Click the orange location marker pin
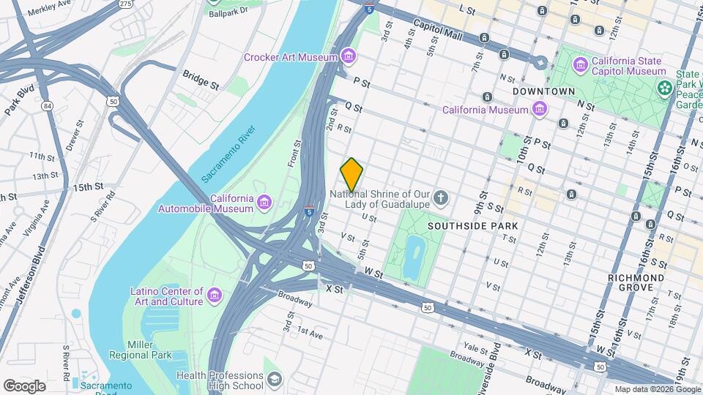351,175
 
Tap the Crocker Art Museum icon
349,57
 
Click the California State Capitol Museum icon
581,66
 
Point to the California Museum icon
540,110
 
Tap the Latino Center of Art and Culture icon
215,295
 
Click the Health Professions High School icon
274,379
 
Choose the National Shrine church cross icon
441,196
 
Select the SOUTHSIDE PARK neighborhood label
473,226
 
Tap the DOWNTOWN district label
544,91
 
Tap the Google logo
24,385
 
